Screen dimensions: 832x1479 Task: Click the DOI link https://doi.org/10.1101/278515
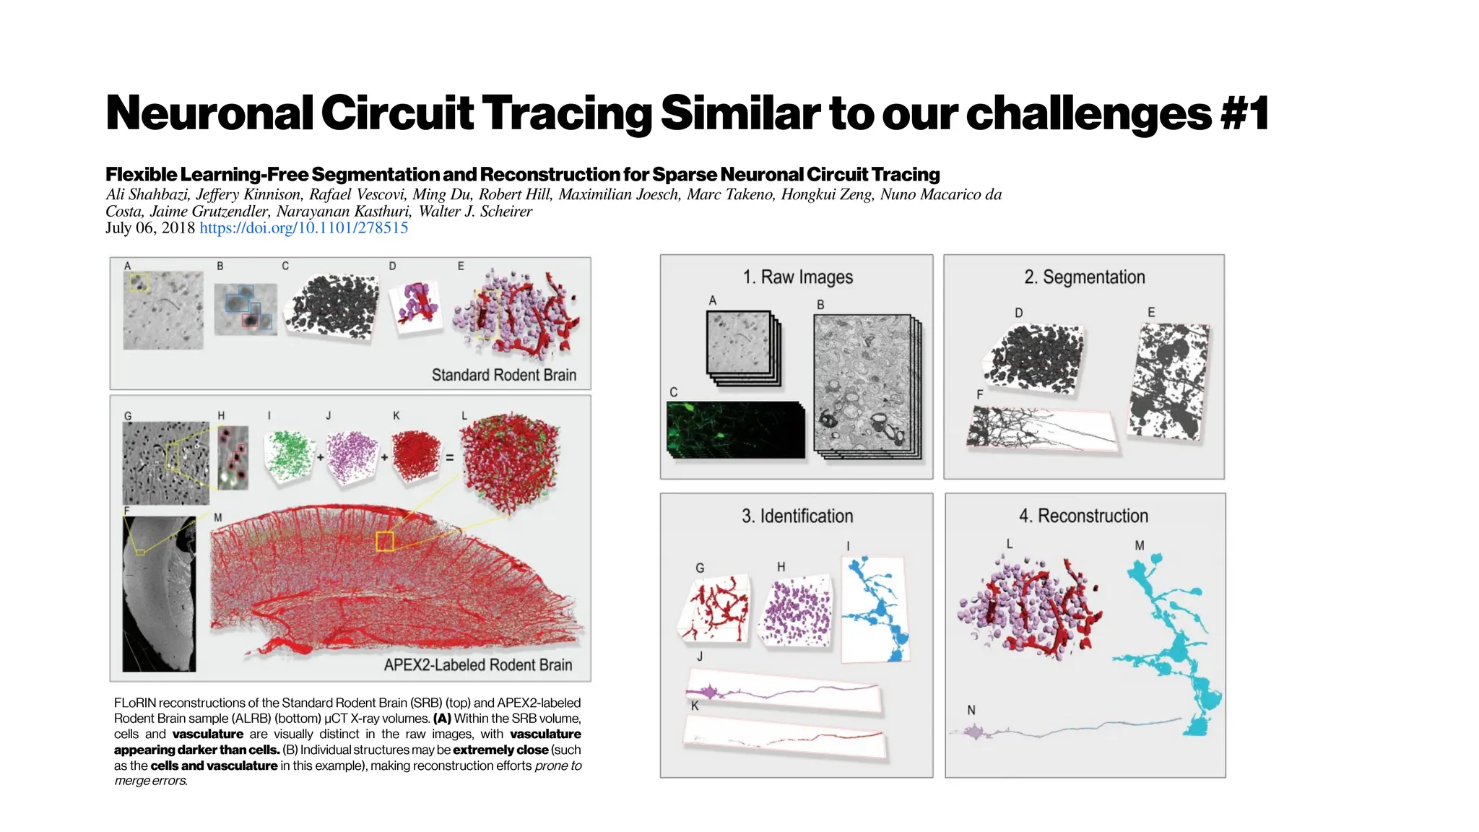tap(303, 228)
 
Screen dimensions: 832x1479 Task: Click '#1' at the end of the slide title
tap(1244, 113)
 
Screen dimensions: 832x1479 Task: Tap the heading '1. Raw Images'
tap(797, 277)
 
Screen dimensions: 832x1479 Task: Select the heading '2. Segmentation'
tap(1084, 277)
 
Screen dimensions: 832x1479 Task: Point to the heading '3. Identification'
tap(797, 516)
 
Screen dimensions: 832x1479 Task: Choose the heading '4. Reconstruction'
tap(1083, 516)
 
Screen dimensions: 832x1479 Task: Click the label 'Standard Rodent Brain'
tap(503, 375)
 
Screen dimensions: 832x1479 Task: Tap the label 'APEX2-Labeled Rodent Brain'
tap(477, 665)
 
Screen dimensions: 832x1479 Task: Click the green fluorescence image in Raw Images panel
tap(735, 430)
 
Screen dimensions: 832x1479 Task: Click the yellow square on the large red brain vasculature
tap(385, 541)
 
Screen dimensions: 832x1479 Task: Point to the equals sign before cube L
tap(449, 458)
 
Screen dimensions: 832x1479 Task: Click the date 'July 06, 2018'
tap(150, 228)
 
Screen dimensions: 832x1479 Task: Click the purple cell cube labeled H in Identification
tap(795, 611)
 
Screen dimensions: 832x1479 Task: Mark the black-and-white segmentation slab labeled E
tap(1168, 381)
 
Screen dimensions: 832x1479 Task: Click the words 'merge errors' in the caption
tap(150, 781)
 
